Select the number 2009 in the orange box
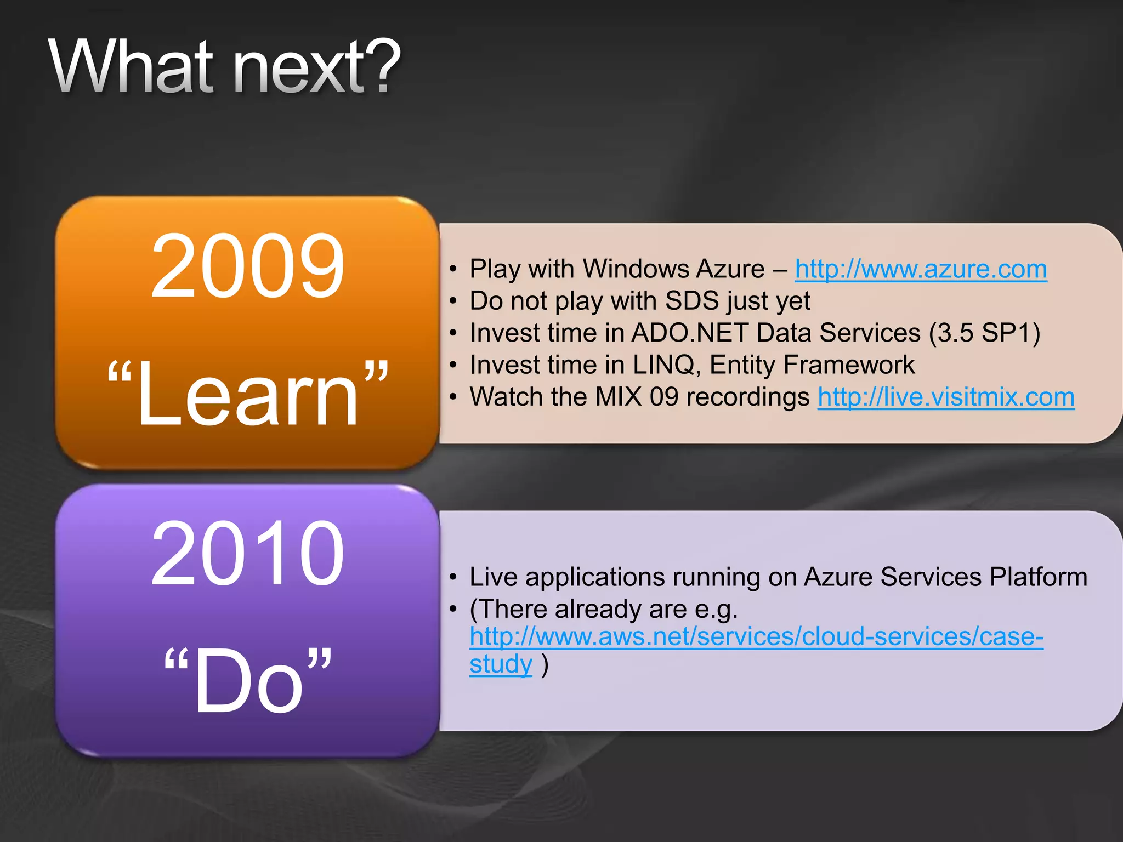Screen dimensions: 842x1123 pos(247,266)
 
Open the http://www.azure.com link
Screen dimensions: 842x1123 pos(921,269)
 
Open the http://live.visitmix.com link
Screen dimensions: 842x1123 pos(946,397)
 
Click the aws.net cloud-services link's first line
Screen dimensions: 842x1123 pos(756,636)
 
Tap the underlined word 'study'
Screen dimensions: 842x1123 pos(501,664)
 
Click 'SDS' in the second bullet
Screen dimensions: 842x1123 pos(691,301)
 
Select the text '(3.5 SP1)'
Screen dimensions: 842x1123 pos(984,333)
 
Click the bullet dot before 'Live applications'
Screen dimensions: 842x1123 pos(453,577)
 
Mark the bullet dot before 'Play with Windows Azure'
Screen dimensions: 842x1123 pos(453,269)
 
